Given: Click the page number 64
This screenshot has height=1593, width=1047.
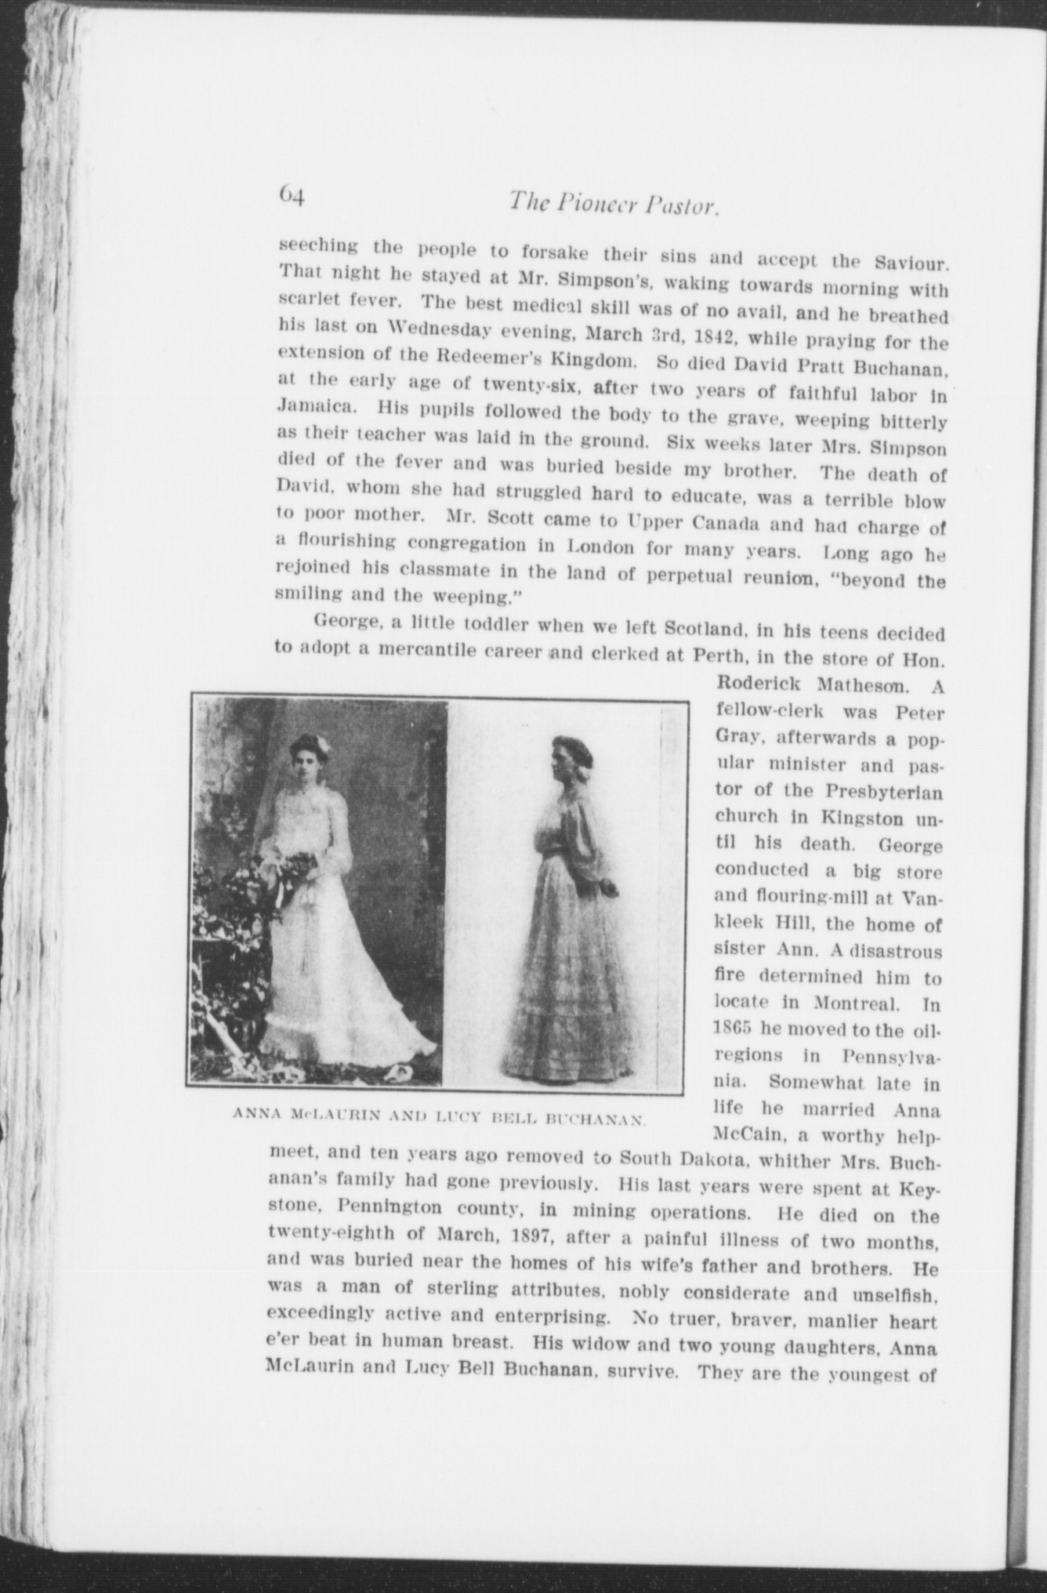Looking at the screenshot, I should click(x=291, y=193).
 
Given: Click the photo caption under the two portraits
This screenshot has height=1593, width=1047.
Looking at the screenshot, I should click(x=438, y=1116).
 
